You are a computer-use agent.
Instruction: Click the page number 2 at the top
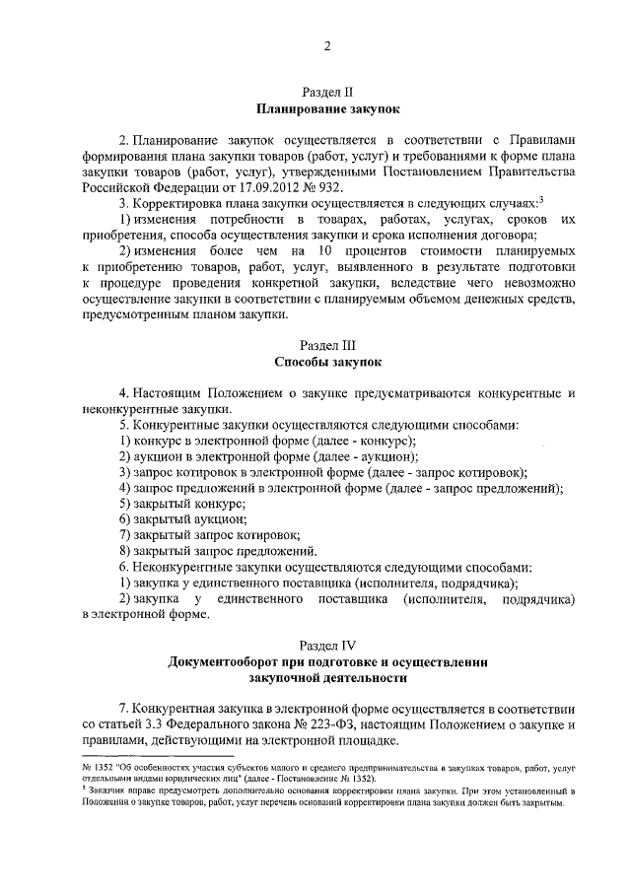pyautogui.click(x=326, y=47)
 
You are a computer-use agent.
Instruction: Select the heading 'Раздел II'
pyautogui.click(x=326, y=91)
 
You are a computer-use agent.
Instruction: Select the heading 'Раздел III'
pyautogui.click(x=326, y=346)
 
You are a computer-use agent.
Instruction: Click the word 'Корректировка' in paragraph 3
pyautogui.click(x=176, y=203)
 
